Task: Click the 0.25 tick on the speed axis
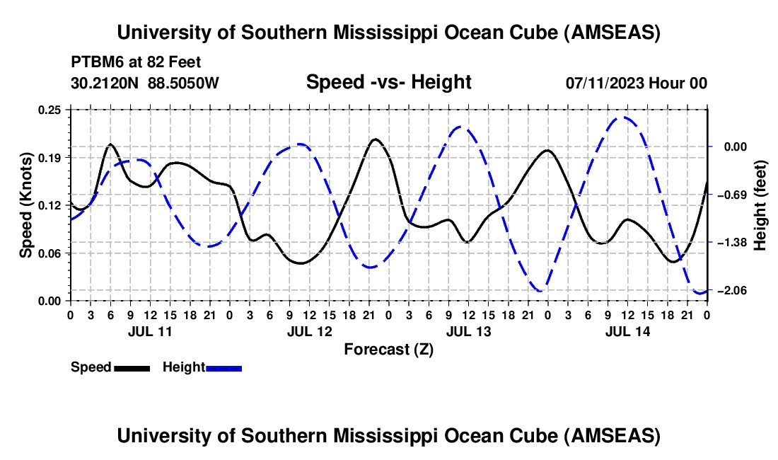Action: click(53, 110)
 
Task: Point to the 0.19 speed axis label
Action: click(53, 157)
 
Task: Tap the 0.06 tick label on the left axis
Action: click(53, 253)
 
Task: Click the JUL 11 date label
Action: click(150, 331)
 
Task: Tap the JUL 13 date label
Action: click(468, 331)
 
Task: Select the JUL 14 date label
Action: click(627, 331)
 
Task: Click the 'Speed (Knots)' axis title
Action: click(26, 205)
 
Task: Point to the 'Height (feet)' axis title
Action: click(760, 205)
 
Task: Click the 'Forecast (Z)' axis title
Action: click(388, 349)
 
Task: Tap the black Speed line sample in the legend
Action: click(132, 367)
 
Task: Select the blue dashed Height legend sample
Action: click(223, 367)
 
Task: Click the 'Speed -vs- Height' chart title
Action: click(388, 83)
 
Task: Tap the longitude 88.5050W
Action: click(183, 83)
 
